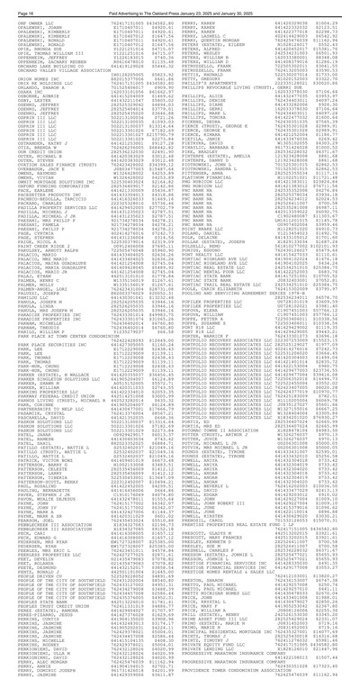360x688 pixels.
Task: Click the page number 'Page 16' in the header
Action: tap(13, 5)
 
